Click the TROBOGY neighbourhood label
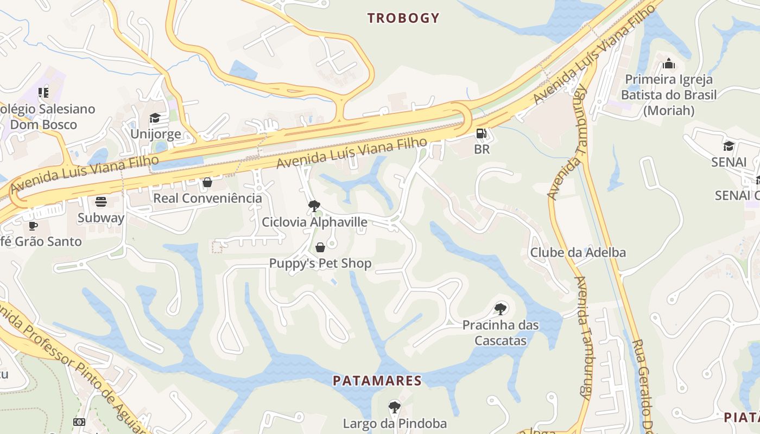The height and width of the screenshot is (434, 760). pyautogui.click(x=403, y=18)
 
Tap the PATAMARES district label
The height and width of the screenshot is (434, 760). pyautogui.click(x=377, y=380)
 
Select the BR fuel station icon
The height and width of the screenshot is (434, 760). pyautogui.click(x=481, y=133)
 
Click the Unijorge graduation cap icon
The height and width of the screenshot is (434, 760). pyautogui.click(x=155, y=118)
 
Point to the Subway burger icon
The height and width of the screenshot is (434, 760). pyautogui.click(x=101, y=202)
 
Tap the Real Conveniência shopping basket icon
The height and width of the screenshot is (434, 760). pyautogui.click(x=207, y=182)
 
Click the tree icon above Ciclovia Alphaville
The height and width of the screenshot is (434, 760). pyautogui.click(x=314, y=206)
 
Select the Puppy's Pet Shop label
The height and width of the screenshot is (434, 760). pyautogui.click(x=320, y=264)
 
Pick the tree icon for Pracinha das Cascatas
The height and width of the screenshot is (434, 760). pyautogui.click(x=501, y=309)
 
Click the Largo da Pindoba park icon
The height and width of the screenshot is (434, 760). pyautogui.click(x=395, y=407)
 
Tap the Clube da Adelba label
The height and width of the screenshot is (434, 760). pyautogui.click(x=578, y=252)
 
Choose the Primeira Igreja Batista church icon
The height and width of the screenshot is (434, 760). pyautogui.click(x=669, y=64)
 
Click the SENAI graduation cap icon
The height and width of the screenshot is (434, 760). pyautogui.click(x=729, y=146)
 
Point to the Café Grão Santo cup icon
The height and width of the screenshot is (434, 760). pyautogui.click(x=33, y=226)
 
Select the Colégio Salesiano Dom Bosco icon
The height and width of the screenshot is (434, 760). pyautogui.click(x=43, y=93)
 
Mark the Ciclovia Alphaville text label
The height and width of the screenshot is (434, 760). pyautogui.click(x=314, y=222)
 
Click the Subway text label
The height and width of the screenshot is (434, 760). pyautogui.click(x=101, y=218)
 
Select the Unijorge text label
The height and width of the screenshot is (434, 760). pyautogui.click(x=155, y=134)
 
